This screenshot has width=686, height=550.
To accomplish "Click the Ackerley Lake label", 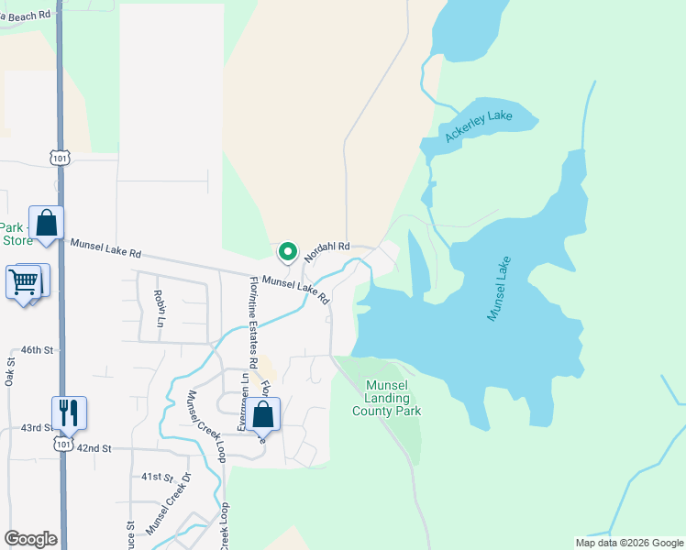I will pyautogui.click(x=478, y=126).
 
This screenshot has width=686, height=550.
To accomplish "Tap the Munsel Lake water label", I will pyautogui.click(x=499, y=288).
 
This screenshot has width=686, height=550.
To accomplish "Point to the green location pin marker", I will pyautogui.click(x=288, y=251).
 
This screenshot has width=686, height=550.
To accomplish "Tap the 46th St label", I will pyautogui.click(x=39, y=350).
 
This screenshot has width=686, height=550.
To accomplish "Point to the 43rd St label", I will pyautogui.click(x=38, y=428).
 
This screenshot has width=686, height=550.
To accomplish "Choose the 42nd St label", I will pyautogui.click(x=93, y=448).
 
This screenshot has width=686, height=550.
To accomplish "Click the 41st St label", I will pyautogui.click(x=157, y=477).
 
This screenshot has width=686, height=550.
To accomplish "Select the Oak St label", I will pyautogui.click(x=10, y=372).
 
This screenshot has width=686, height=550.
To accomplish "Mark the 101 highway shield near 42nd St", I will pyautogui.click(x=62, y=445).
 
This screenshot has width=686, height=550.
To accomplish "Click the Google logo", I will pyautogui.click(x=30, y=539).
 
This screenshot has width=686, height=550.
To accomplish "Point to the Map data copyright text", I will pyautogui.click(x=628, y=543).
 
